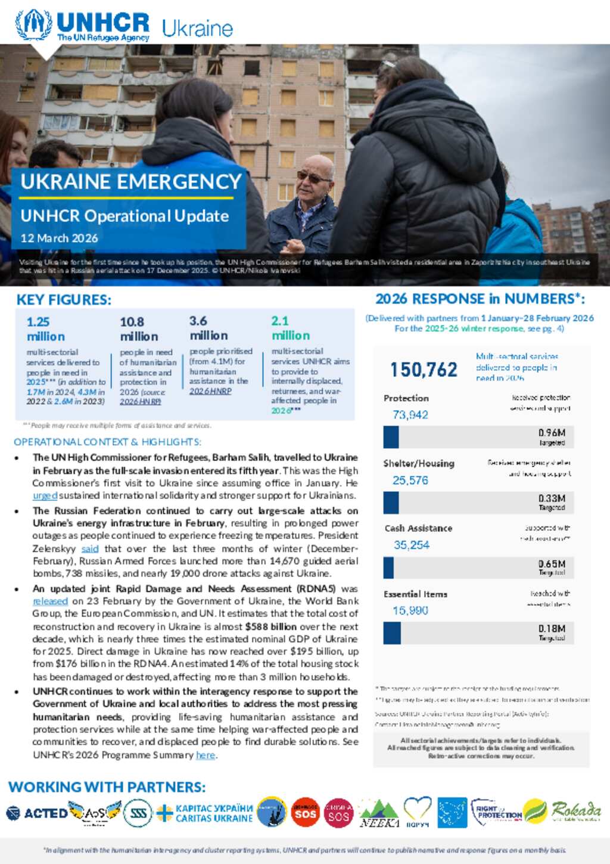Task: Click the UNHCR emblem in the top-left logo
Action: tap(33, 24)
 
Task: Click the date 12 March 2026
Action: tap(59, 238)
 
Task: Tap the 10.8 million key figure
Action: tap(139, 329)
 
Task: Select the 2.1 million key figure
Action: tap(290, 328)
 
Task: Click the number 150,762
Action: tap(424, 370)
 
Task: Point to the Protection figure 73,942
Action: tap(410, 415)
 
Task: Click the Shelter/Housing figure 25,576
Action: tap(410, 481)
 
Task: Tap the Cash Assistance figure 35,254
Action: tap(411, 545)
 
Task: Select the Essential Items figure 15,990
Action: tap(410, 611)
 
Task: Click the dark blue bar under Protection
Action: tap(391, 437)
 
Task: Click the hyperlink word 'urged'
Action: tap(45, 496)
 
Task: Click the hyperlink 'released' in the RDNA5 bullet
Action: tap(50, 601)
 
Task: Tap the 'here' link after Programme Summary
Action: tap(205, 755)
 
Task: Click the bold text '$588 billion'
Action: tap(270, 627)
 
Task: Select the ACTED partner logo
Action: tap(37, 813)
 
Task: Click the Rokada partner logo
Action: tap(575, 811)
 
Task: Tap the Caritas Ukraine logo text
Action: tap(213, 813)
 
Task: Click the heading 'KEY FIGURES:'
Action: tap(64, 300)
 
